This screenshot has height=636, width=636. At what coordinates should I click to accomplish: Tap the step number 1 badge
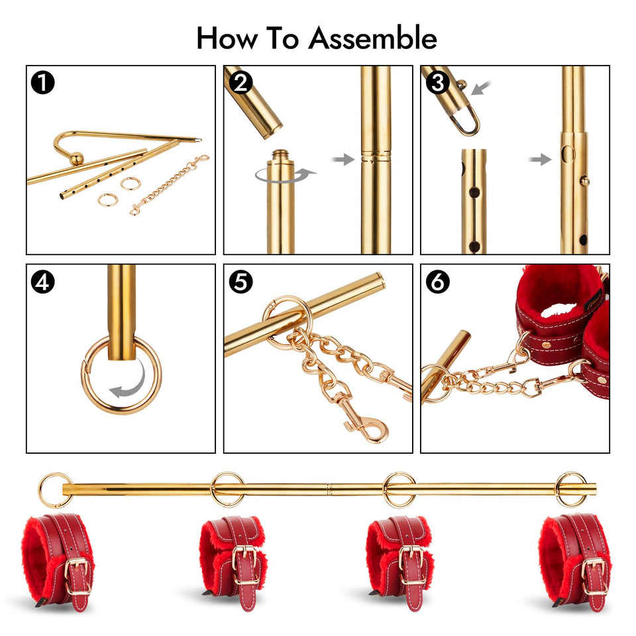(43, 83)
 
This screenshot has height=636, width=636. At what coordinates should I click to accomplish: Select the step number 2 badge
(240, 83)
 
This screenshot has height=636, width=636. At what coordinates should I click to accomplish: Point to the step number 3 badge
(437, 84)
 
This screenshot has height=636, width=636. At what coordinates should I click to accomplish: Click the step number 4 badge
(43, 282)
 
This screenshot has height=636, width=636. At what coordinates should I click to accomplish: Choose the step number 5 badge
(240, 282)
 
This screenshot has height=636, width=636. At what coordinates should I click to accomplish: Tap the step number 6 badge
(437, 282)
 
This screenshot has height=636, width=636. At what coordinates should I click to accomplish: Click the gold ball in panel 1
(78, 159)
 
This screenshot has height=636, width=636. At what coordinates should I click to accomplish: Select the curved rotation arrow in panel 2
(285, 174)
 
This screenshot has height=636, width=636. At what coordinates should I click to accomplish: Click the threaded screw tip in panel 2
(280, 157)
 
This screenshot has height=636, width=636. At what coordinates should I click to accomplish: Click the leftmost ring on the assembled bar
(54, 490)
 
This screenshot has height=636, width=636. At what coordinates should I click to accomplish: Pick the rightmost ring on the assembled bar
(571, 490)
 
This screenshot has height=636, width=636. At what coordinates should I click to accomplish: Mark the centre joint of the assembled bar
(329, 490)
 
